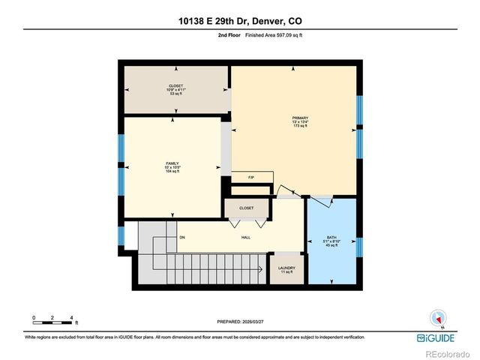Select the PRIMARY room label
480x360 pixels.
pyautogui.click(x=300, y=118)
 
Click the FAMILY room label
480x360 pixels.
pyautogui.click(x=172, y=163)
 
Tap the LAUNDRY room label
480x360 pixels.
pyautogui.click(x=286, y=268)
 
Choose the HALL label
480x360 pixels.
pyautogui.click(x=245, y=238)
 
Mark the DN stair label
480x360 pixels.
pyautogui.click(x=181, y=238)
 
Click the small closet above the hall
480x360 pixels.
pyautogui.click(x=247, y=208)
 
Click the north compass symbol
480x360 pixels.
pyautogui.click(x=438, y=318)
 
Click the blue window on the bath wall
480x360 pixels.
pyautogui.click(x=358, y=246)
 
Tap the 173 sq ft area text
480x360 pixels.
pyautogui.click(x=300, y=127)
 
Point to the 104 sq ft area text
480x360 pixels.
pyautogui.click(x=172, y=172)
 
